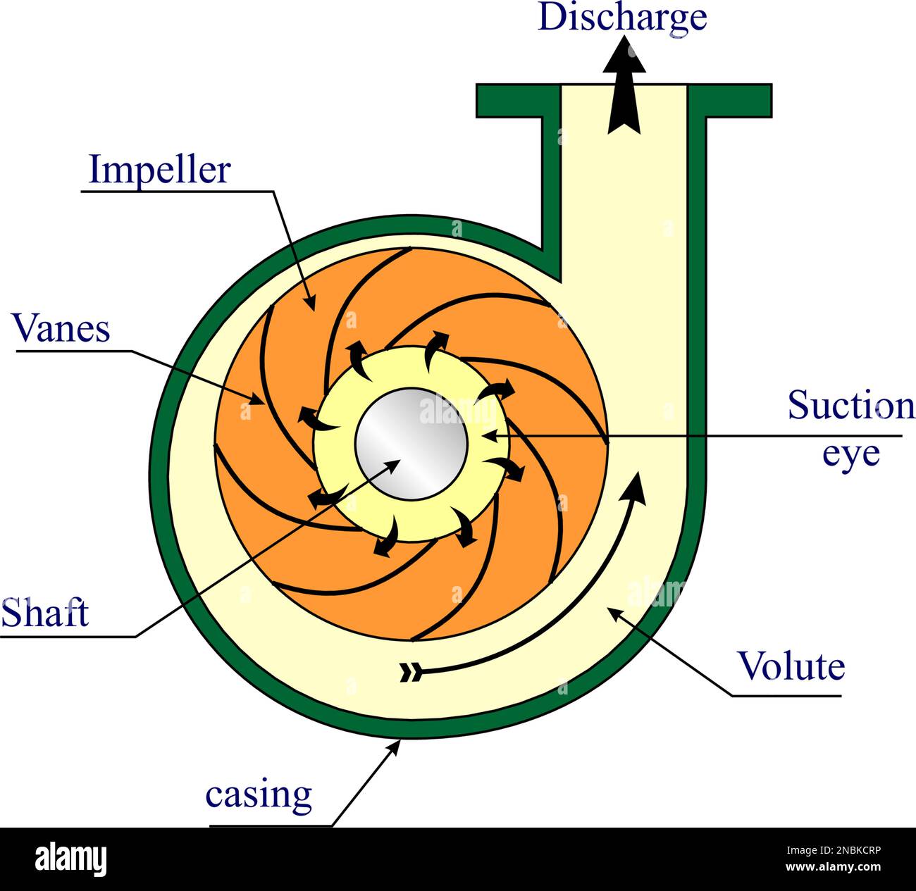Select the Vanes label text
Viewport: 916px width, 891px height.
pos(62,328)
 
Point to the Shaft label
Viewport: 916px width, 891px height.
pos(45,613)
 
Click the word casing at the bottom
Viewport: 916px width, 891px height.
pos(259,795)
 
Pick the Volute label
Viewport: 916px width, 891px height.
pos(791,666)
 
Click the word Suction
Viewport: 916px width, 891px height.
pos(850,406)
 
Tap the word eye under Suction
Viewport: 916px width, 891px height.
pos(851,453)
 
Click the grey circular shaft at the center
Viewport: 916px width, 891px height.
pos(411,444)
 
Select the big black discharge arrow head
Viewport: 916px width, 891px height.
pos(624,56)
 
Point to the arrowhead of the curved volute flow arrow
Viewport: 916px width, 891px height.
pos(636,486)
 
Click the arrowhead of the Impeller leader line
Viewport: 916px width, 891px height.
pos(310,303)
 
